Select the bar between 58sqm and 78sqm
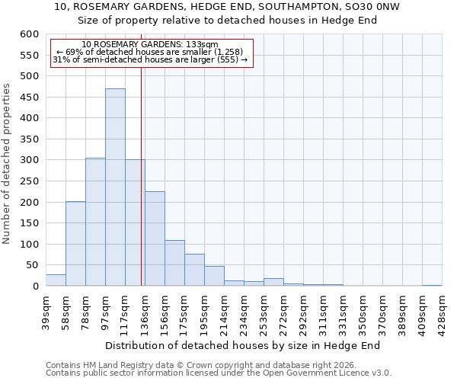click(75, 244)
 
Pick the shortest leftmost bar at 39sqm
click(56, 280)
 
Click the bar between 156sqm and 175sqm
click(174, 264)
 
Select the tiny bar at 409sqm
click(432, 285)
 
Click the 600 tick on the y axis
click(29, 34)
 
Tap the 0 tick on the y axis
click(35, 287)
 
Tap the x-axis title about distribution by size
click(242, 345)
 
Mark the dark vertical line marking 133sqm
click(142, 175)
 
